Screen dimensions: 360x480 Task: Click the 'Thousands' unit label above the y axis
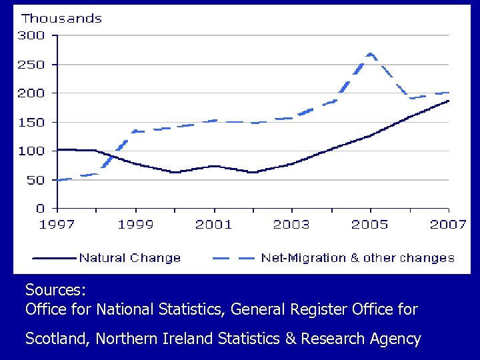coord(62,19)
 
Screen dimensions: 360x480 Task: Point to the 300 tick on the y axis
coord(31,36)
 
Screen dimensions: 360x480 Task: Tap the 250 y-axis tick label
coord(31,65)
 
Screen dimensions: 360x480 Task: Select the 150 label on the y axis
coord(31,123)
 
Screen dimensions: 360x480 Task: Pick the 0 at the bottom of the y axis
coord(41,209)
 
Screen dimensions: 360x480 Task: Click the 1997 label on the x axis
coord(57,224)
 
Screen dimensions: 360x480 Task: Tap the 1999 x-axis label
coord(135,224)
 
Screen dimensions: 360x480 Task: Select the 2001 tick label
coord(213,224)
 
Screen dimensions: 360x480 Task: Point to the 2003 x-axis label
coord(291,224)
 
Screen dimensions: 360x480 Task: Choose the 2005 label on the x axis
coord(370,224)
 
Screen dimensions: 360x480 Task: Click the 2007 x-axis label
coord(447,224)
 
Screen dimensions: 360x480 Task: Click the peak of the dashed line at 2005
coord(370,54)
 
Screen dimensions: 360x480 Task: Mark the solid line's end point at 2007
coord(448,101)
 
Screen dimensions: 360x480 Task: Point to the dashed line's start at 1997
coord(58,180)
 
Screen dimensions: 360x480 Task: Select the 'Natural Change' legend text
coord(130,258)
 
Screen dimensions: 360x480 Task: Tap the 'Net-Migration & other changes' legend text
coord(357,258)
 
